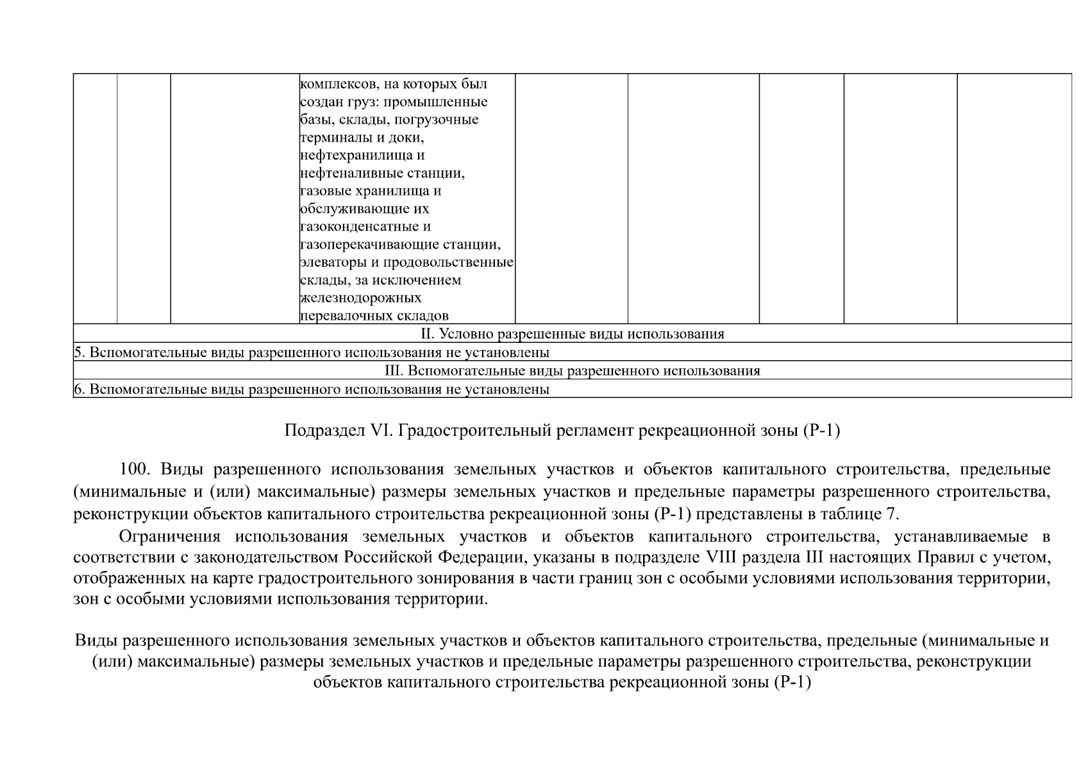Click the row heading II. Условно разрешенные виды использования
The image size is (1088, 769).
(572, 334)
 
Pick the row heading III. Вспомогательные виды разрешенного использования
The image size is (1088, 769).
(572, 371)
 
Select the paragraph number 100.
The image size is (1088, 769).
(135, 469)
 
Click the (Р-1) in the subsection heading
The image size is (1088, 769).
(821, 431)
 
